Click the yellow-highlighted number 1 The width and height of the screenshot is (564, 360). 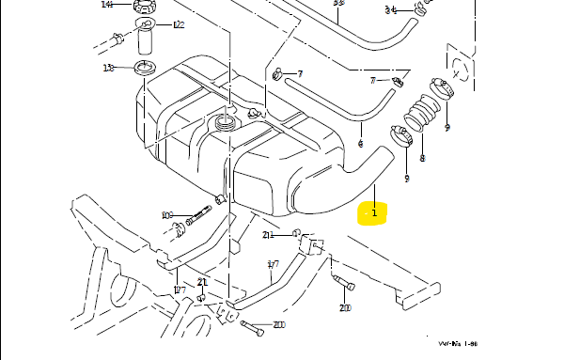(x=373, y=214)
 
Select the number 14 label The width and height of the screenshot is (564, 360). (x=106, y=5)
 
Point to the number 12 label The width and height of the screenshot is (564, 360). (x=179, y=24)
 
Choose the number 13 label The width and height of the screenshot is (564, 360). (x=108, y=68)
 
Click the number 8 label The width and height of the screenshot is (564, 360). (x=422, y=159)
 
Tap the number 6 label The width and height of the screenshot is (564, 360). (x=360, y=144)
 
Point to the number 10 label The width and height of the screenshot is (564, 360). (x=166, y=215)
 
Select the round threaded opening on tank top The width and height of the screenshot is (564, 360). (x=226, y=122)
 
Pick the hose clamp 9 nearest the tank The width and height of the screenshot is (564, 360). (x=397, y=138)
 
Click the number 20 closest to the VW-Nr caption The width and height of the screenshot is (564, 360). (x=345, y=307)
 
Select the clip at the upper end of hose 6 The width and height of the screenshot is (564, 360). (x=276, y=74)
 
